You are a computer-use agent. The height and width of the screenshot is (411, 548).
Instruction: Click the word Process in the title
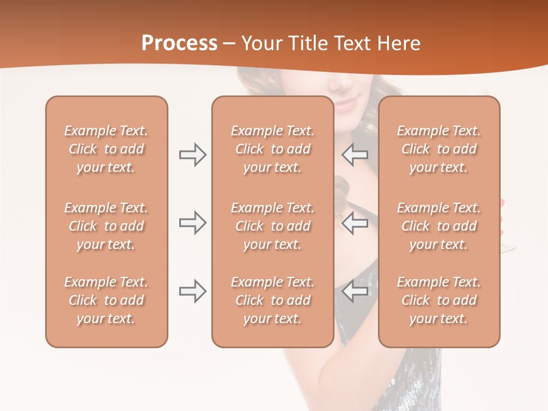coord(179,43)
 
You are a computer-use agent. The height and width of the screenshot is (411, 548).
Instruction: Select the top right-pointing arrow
coord(192,155)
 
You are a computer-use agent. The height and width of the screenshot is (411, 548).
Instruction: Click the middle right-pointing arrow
coord(192,223)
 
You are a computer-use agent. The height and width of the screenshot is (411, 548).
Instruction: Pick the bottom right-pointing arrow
coord(192,292)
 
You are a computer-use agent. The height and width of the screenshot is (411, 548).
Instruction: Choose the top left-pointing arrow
coord(354,155)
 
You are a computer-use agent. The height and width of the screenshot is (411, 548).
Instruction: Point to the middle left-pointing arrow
coord(354,223)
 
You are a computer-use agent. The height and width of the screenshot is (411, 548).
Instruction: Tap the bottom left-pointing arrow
coord(354,292)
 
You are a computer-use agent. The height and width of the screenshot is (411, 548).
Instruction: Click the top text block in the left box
coord(106,149)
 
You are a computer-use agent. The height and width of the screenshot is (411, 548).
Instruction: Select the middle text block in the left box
coord(106,226)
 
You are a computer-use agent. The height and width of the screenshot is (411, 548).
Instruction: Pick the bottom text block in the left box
coord(106,300)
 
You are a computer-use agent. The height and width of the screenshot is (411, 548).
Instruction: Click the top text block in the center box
coord(272,149)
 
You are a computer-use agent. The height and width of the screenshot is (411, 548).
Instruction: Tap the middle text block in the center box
coord(272,226)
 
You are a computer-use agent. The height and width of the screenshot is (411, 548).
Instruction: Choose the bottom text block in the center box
coord(272,300)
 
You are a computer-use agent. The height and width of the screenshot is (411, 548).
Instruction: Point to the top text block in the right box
coord(438,149)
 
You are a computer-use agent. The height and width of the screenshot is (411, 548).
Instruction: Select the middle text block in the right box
coord(438,226)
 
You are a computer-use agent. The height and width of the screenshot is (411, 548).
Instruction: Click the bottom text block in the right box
coord(438,300)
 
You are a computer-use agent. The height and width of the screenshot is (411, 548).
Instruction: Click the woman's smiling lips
coord(346,104)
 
